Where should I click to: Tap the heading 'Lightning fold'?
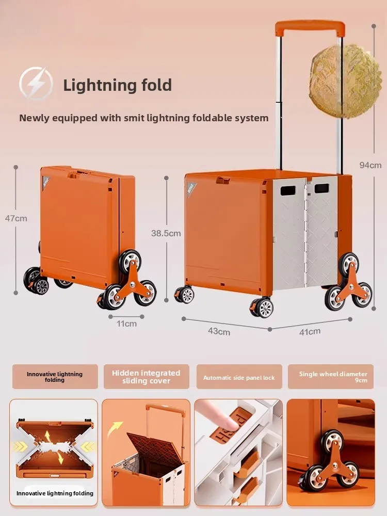(117, 85)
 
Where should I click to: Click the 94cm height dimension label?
(370, 165)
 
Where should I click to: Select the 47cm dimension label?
(16, 218)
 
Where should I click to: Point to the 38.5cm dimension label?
(166, 233)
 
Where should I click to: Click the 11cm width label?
(126, 324)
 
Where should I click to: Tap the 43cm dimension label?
(220, 331)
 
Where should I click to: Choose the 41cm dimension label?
(310, 331)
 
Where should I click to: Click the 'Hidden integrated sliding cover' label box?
(146, 377)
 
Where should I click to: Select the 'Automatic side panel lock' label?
(239, 377)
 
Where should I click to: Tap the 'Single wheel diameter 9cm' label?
(333, 377)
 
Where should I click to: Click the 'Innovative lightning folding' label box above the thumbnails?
(55, 377)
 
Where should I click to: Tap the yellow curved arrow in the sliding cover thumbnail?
(115, 429)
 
